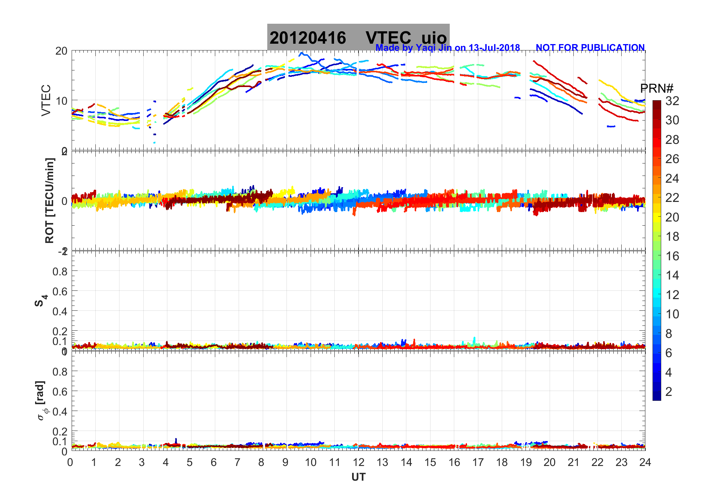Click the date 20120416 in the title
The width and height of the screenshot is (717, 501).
pos(308,38)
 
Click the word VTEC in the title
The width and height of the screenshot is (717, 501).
pos(388,38)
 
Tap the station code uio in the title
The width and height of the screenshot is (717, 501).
pos(434,38)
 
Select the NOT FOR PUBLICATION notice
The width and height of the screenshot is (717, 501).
pos(590,48)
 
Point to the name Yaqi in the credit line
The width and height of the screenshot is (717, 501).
pos(425,48)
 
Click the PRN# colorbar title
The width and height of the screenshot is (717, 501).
pos(657,89)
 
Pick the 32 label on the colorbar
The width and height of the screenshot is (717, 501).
pos(672,101)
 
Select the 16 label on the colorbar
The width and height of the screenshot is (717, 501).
pos(672,256)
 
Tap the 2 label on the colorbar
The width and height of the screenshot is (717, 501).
pos(669,392)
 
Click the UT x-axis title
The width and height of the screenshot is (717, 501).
pos(358,477)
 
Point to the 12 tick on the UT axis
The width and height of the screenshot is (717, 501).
pos(358,462)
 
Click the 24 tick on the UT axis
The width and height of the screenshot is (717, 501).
pos(645,462)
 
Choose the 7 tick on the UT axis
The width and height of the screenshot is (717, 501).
pos(237,462)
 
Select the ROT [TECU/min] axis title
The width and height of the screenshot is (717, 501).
pos(49,200)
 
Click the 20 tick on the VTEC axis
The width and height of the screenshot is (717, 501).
pos(61,51)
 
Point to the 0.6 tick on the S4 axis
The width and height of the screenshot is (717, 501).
pos(60,291)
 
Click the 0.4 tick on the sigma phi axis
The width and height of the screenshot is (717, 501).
pos(60,411)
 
